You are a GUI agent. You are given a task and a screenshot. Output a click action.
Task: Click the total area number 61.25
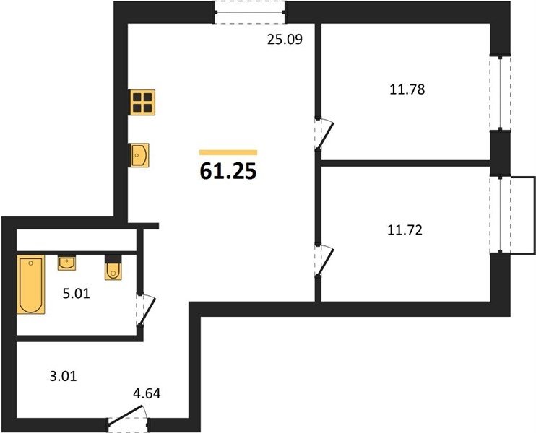coord(228,171)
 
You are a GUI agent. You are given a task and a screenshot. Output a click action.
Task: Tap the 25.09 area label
coord(285,40)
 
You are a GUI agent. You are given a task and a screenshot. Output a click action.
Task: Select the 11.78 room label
coord(407,89)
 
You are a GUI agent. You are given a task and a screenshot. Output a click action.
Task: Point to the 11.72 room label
coord(405,230)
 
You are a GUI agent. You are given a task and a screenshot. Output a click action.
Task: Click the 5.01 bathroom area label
coord(77,293)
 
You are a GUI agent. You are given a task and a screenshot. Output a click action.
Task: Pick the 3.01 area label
coord(64,377)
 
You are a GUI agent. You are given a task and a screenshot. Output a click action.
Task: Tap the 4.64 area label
coord(147,394)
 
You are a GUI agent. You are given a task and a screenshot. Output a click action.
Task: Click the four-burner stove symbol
coord(142,102)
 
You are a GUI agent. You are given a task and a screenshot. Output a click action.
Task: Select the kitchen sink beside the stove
coord(139,155)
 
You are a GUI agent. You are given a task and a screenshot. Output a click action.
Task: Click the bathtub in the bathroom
coord(31,284)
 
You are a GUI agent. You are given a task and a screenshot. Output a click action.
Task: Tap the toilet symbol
coord(113,268)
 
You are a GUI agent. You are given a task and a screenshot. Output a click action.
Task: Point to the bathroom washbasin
coord(66,263)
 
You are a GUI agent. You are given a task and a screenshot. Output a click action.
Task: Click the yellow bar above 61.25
coord(228,153)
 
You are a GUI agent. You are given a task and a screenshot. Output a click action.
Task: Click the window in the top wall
coord(250,13)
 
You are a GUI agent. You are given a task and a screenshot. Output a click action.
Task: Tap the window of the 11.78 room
coord(500,93)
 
